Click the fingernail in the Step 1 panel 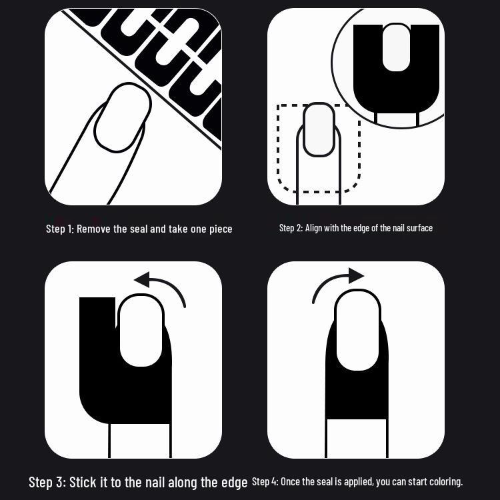point(123,117)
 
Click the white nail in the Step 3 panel point(141,331)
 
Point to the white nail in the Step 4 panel point(357,330)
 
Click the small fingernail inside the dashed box point(319,129)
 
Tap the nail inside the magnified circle point(397,47)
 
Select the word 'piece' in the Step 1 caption point(221,229)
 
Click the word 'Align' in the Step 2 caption point(313,228)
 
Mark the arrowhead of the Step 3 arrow point(142,279)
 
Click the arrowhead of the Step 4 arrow point(357,275)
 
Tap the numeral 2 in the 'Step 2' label point(299,228)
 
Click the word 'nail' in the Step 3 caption point(155,482)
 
